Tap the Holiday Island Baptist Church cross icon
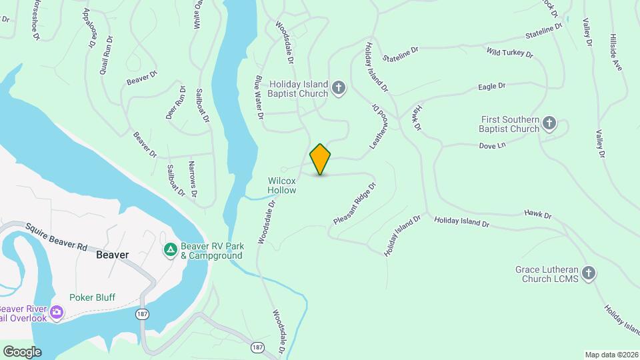point(339,88)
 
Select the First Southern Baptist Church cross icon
point(549,123)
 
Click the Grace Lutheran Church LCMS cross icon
point(588,273)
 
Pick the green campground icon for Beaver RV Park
point(170,250)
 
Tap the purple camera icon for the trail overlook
point(57,312)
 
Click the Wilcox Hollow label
point(282,185)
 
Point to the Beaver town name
point(112,255)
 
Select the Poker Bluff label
point(91,298)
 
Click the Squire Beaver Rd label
point(57,236)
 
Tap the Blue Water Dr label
point(259,97)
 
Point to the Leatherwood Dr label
point(378,126)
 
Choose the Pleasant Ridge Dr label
point(355,203)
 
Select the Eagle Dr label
point(492,86)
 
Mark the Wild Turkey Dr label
point(509,52)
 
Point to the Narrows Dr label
point(193,180)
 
